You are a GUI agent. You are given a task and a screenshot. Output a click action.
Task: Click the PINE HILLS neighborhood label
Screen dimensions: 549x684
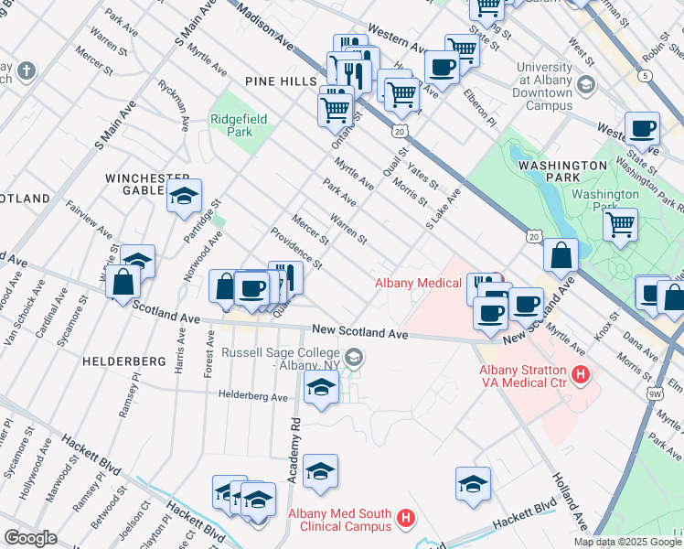[280, 81]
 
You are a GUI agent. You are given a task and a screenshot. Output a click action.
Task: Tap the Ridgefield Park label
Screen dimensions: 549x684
[231, 124]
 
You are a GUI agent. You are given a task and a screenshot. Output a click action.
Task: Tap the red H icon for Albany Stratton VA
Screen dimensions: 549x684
[579, 374]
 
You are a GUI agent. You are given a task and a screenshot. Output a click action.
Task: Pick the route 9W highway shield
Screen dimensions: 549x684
[654, 393]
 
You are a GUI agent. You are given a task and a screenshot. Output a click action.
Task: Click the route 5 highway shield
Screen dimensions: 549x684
[647, 76]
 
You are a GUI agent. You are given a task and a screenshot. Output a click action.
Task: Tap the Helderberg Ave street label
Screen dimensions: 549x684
[252, 396]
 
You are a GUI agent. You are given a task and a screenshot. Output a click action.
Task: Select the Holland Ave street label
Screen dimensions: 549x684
[568, 502]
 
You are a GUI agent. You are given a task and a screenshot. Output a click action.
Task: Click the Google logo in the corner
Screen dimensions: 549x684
[30, 538]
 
